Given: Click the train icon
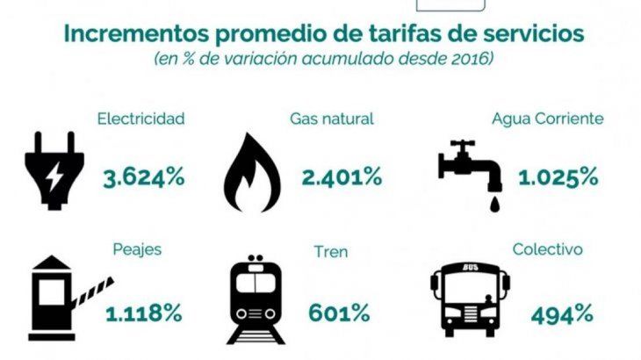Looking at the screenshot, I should point(256,299).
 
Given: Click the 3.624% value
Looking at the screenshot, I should point(143,176).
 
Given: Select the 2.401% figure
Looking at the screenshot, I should point(342,176).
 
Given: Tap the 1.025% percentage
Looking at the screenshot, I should point(558,176).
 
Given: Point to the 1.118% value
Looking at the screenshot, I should point(143,312).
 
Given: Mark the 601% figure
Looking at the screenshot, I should point(337,312).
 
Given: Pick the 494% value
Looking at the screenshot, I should point(561,312).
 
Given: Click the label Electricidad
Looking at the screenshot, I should point(141,118).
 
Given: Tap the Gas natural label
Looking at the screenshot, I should point(332,118).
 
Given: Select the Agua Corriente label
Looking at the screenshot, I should point(548,119).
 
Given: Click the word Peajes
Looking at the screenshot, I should point(137,249).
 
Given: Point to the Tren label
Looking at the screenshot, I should point(331,252).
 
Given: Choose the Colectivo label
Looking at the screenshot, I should point(548,249).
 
